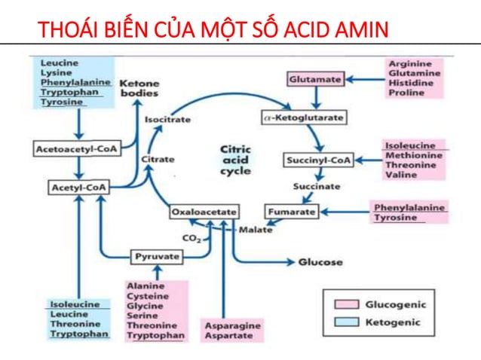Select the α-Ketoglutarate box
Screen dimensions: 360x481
(303, 118)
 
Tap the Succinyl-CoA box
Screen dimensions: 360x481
(319, 160)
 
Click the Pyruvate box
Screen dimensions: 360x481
(157, 257)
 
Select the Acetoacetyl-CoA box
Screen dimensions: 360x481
(73, 149)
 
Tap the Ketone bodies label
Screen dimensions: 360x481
(139, 87)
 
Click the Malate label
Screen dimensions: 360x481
(255, 229)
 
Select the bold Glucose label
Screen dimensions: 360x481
(320, 262)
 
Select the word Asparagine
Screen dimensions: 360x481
(233, 325)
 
